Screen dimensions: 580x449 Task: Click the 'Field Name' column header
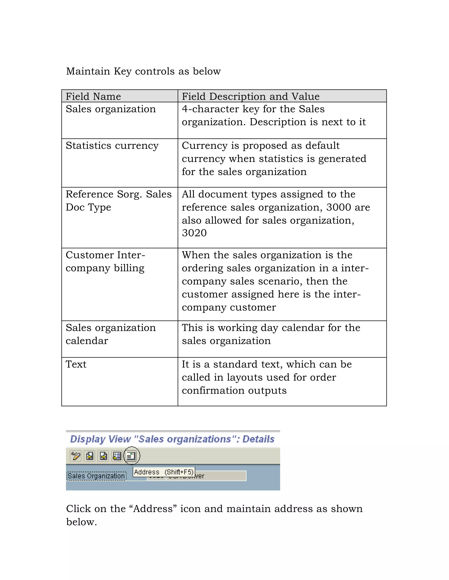pyautogui.click(x=93, y=96)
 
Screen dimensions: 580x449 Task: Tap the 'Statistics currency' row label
pyautogui.click(x=112, y=145)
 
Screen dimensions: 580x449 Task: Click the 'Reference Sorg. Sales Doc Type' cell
pyautogui.click(x=118, y=201)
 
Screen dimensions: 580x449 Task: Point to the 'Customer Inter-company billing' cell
pyautogui.click(x=105, y=261)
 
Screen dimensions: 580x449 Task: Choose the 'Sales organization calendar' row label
pyautogui.click(x=110, y=334)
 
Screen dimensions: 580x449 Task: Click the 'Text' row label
pyautogui.click(x=76, y=364)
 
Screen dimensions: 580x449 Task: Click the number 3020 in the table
pyautogui.click(x=194, y=233)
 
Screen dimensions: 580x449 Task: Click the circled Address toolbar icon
pyautogui.click(x=131, y=456)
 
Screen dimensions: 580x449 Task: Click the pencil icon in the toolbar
pyautogui.click(x=76, y=456)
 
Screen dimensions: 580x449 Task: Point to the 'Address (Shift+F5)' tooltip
pyautogui.click(x=164, y=472)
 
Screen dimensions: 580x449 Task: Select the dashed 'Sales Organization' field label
pyautogui.click(x=96, y=476)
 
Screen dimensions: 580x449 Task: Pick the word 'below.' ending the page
pyautogui.click(x=82, y=522)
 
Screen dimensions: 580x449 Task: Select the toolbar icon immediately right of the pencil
pyautogui.click(x=90, y=456)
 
